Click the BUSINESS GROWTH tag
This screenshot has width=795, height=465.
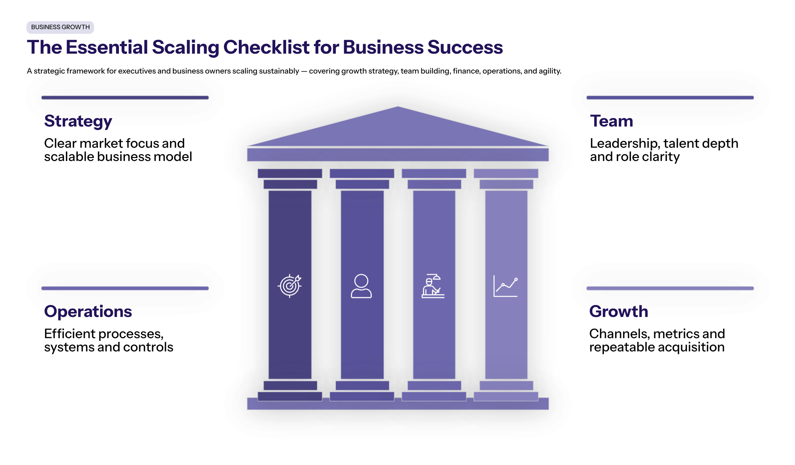[x=60, y=27]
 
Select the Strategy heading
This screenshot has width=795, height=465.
[x=78, y=121]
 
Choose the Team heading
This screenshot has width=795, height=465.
[x=611, y=121]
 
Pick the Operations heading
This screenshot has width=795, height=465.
[x=88, y=311]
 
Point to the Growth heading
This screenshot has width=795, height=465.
[x=618, y=311]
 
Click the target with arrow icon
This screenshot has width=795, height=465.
[x=290, y=286]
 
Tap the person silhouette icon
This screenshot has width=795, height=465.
[x=361, y=286]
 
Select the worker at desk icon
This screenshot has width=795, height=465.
[x=433, y=286]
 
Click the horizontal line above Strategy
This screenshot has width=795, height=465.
[x=125, y=98]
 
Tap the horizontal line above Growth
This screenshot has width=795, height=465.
[x=670, y=288]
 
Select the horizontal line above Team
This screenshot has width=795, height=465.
[x=670, y=98]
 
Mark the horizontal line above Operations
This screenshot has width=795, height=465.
[x=125, y=288]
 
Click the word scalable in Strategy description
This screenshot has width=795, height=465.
[x=68, y=157]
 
